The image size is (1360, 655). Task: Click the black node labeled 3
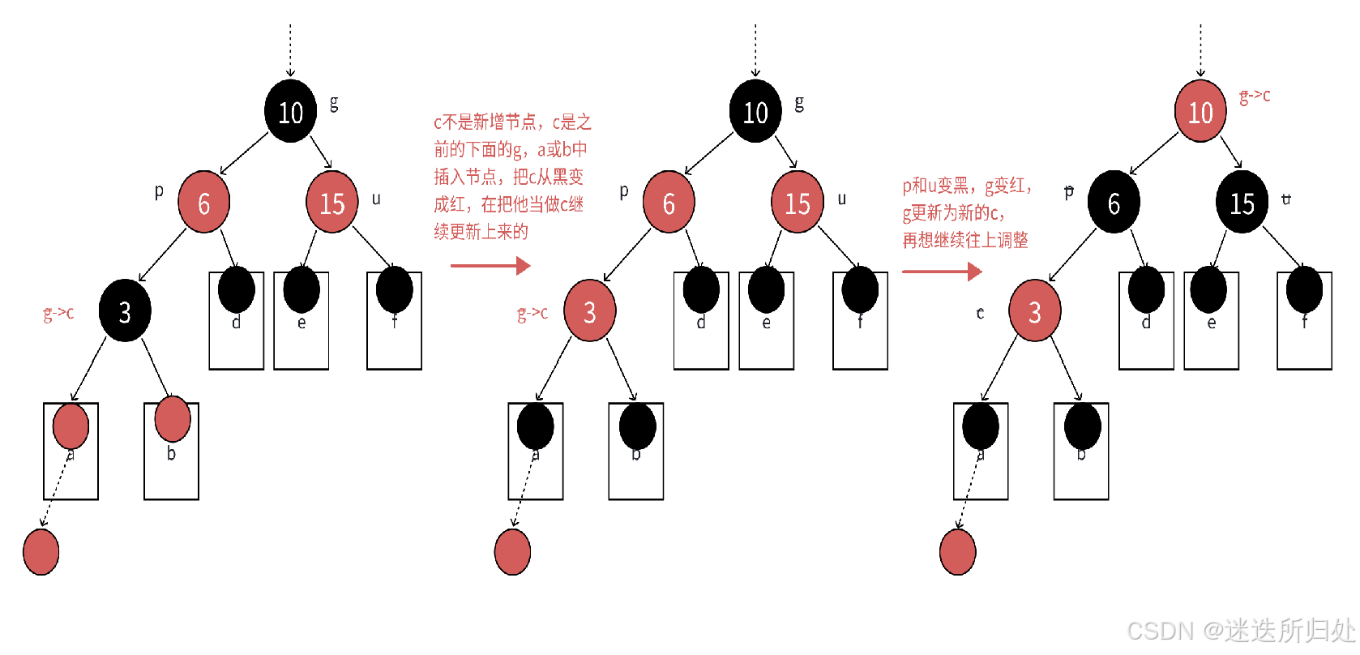(125, 310)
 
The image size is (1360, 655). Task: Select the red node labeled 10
(1200, 111)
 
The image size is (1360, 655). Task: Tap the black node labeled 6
(1114, 202)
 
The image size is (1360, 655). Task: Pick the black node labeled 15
(1242, 202)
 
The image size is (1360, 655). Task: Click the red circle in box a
(71, 426)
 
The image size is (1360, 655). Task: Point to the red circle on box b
(172, 418)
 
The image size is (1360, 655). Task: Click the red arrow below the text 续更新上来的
(490, 265)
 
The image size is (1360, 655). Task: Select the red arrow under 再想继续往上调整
(942, 272)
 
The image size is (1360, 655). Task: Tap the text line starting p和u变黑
(967, 186)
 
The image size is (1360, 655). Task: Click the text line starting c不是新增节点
(512, 122)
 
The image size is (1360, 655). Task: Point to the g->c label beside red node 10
(1255, 96)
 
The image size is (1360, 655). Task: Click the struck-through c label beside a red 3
(980, 313)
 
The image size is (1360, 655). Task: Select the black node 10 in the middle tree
(755, 111)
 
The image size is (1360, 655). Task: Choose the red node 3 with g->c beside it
(589, 310)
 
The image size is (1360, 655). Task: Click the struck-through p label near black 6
(1069, 192)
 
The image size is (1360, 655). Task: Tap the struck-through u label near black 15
(1286, 199)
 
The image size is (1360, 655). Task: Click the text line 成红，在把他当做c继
(508, 204)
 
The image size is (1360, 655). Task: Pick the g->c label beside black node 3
(58, 313)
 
